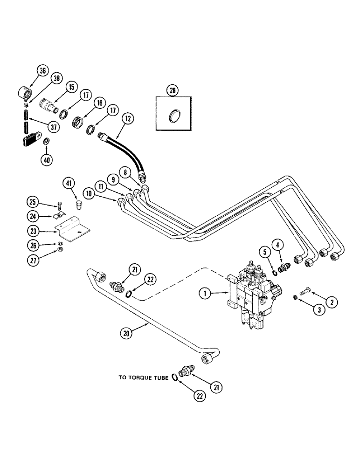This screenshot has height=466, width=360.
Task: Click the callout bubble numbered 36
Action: [42, 71]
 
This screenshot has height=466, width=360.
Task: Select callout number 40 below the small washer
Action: [47, 160]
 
